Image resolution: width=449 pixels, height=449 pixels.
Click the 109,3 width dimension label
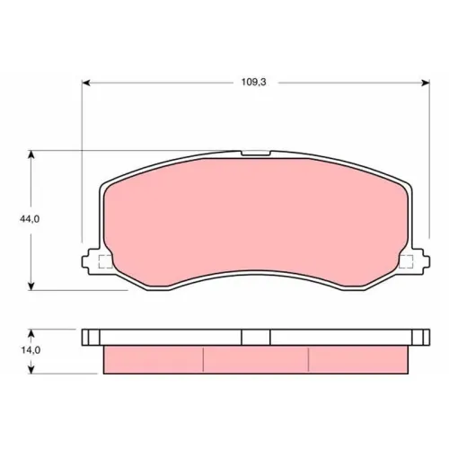[x=254, y=82]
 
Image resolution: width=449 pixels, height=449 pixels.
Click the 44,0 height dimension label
[x=30, y=219]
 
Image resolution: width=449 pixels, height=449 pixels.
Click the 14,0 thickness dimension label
[x=31, y=350]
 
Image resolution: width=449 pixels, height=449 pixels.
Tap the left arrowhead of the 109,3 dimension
[x=86, y=83]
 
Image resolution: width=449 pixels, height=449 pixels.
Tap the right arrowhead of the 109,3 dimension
[x=426, y=83]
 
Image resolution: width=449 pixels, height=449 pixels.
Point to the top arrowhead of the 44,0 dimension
[x=31, y=154]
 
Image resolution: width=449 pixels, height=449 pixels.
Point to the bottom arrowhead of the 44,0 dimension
[x=31, y=286]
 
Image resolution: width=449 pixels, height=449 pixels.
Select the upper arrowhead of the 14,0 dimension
[x=31, y=333]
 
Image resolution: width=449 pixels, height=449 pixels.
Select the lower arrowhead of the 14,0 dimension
[x=31, y=370]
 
